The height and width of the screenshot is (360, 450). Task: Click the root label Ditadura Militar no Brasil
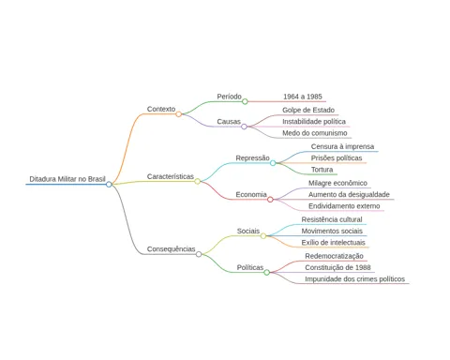(x=67, y=179)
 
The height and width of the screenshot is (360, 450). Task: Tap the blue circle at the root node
(x=109, y=185)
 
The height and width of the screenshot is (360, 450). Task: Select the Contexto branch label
(x=161, y=109)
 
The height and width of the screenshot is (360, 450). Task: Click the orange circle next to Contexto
(x=178, y=114)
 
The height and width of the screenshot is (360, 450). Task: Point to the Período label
(x=229, y=97)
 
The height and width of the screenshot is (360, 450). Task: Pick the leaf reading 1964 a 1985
(x=303, y=97)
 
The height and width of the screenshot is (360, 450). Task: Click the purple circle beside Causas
(x=244, y=127)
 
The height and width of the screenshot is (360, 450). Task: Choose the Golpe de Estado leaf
(x=308, y=110)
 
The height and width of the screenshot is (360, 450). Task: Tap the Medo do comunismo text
(x=315, y=133)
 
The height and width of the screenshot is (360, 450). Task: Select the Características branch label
(x=171, y=176)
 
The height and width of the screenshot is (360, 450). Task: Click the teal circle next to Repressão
(x=273, y=163)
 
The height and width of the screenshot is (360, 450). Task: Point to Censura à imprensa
(x=342, y=146)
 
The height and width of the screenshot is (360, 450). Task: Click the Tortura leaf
(x=322, y=170)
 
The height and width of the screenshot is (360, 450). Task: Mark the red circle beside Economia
(x=270, y=200)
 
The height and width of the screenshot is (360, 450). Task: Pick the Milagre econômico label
(x=337, y=183)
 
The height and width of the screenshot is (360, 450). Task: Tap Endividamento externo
(x=344, y=206)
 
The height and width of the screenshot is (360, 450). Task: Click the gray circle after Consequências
(x=199, y=254)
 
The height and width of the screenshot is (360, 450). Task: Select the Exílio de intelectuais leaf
(x=333, y=243)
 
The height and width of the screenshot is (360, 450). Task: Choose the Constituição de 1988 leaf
(x=337, y=267)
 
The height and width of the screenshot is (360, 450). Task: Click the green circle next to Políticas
(x=266, y=273)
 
